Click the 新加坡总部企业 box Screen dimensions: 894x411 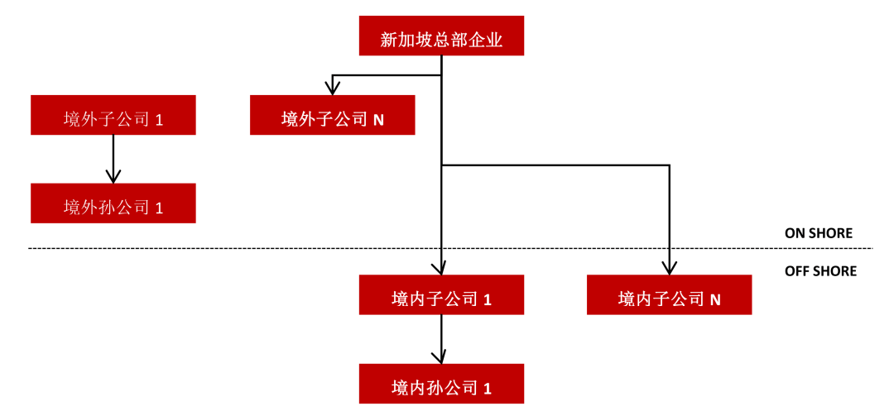coord(441,36)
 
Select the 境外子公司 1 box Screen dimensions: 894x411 coord(113,115)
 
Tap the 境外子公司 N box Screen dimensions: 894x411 coord(333,115)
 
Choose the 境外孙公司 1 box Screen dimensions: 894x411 coord(113,203)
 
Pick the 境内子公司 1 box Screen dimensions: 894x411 coord(441,294)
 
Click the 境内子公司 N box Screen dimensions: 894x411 coord(670,294)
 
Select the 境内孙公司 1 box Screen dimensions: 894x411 coord(441,384)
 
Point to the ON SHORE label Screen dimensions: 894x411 coord(819,233)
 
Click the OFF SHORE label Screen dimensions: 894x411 coord(820,271)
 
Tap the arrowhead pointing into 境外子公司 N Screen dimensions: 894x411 coord(333,88)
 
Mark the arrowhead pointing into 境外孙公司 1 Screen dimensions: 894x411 coord(113,176)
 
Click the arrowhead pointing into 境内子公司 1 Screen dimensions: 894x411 coord(442,268)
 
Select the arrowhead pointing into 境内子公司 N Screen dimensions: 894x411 coord(670,268)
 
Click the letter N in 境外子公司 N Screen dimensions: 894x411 coord(378,120)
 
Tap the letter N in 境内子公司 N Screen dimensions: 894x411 coord(715,299)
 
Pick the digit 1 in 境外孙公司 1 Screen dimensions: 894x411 coord(159,208)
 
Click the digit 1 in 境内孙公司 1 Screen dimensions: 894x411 coord(488,389)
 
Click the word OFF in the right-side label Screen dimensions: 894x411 coord(795,271)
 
